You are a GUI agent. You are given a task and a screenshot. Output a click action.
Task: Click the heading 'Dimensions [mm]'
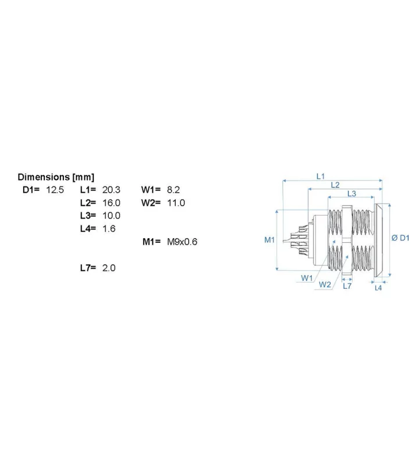(56, 177)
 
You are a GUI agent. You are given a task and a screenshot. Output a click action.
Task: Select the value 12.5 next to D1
(55, 190)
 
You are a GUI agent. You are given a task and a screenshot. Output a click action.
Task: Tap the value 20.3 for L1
(111, 190)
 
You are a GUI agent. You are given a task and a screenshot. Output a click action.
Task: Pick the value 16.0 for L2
(111, 203)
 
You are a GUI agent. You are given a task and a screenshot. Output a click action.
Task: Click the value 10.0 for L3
(111, 216)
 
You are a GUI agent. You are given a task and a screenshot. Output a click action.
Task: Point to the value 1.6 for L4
(109, 228)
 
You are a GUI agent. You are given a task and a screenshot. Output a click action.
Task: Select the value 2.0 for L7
(109, 268)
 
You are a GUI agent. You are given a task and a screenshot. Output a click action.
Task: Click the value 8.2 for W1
(173, 190)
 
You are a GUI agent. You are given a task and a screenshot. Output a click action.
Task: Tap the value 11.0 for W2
(176, 203)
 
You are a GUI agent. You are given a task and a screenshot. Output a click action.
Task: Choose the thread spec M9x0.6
(182, 242)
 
